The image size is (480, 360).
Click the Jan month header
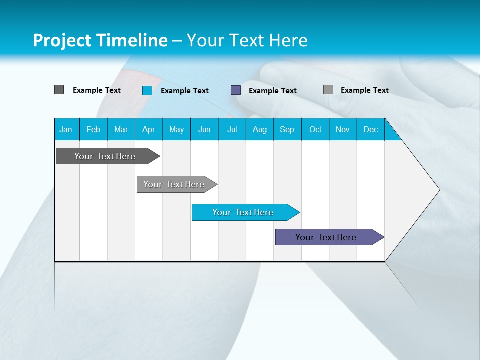pyautogui.click(x=66, y=129)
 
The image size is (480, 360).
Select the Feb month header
pyautogui.click(x=93, y=129)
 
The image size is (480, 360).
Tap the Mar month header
pyautogui.click(x=121, y=129)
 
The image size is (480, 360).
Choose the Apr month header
pyautogui.click(x=148, y=129)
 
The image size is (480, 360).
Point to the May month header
pyautogui.click(x=176, y=129)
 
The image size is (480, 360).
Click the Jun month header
pyautogui.click(x=204, y=129)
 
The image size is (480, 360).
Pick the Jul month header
pyautogui.click(x=232, y=129)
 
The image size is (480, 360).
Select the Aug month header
pyautogui.click(x=259, y=129)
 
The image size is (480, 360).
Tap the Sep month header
pyautogui.click(x=287, y=129)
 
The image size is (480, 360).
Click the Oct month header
pyautogui.click(x=315, y=129)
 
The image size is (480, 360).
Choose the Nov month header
pyautogui.click(x=343, y=129)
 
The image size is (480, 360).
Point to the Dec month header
pyautogui.click(x=370, y=129)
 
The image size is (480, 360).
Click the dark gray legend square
pyautogui.click(x=59, y=90)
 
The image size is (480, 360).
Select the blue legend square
pyautogui.click(x=147, y=90)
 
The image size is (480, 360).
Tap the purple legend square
pyautogui.click(x=236, y=90)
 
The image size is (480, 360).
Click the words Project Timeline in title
pyautogui.click(x=100, y=40)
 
